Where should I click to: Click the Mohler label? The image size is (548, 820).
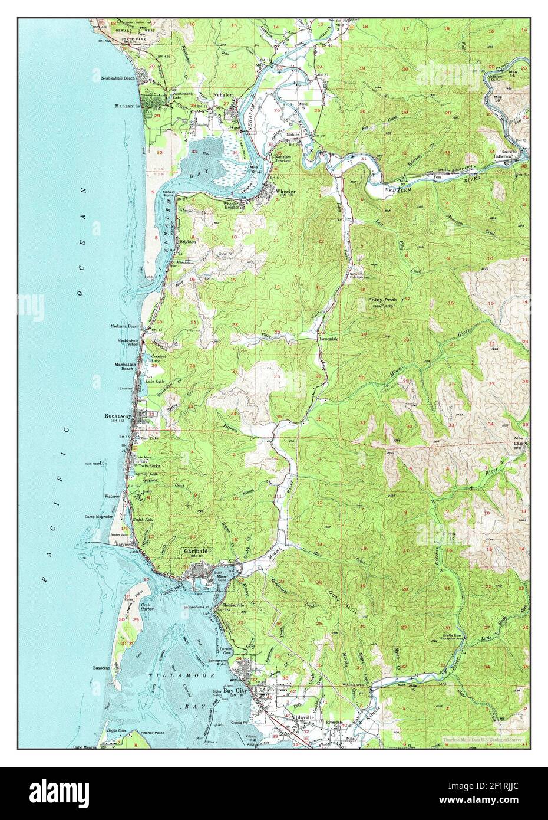pyautogui.click(x=293, y=135)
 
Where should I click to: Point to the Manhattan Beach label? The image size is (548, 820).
pyautogui.click(x=124, y=367)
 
